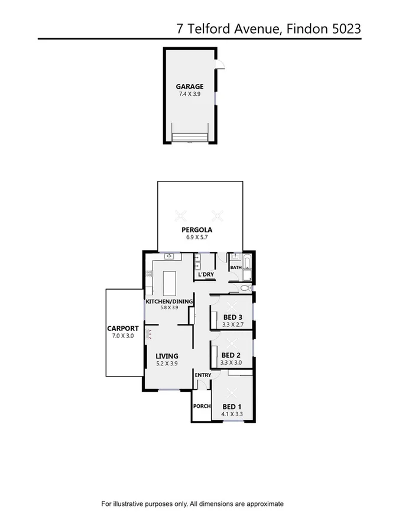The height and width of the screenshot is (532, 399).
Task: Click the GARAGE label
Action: coord(190,86)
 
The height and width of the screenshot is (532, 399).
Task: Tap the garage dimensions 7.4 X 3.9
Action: coord(190,93)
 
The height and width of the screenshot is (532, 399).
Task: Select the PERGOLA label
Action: coord(197,230)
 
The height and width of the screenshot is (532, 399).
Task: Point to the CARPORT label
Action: coord(122,329)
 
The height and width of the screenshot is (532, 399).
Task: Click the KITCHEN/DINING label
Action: coord(170,301)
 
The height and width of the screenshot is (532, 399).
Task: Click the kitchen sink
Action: coord(170,257)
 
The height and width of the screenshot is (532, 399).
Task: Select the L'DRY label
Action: coord(206,275)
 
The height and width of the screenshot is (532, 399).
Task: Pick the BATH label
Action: coord(236,268)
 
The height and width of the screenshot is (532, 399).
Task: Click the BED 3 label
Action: coord(232,317)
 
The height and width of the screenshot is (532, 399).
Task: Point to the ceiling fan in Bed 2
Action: coord(232,343)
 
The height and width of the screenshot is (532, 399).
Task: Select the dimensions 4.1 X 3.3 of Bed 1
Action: coord(232,414)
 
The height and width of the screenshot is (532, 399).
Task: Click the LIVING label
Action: coord(167,356)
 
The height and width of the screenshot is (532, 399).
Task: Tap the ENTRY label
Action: coord(202,375)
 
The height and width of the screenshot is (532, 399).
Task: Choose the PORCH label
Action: coord(202,406)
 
